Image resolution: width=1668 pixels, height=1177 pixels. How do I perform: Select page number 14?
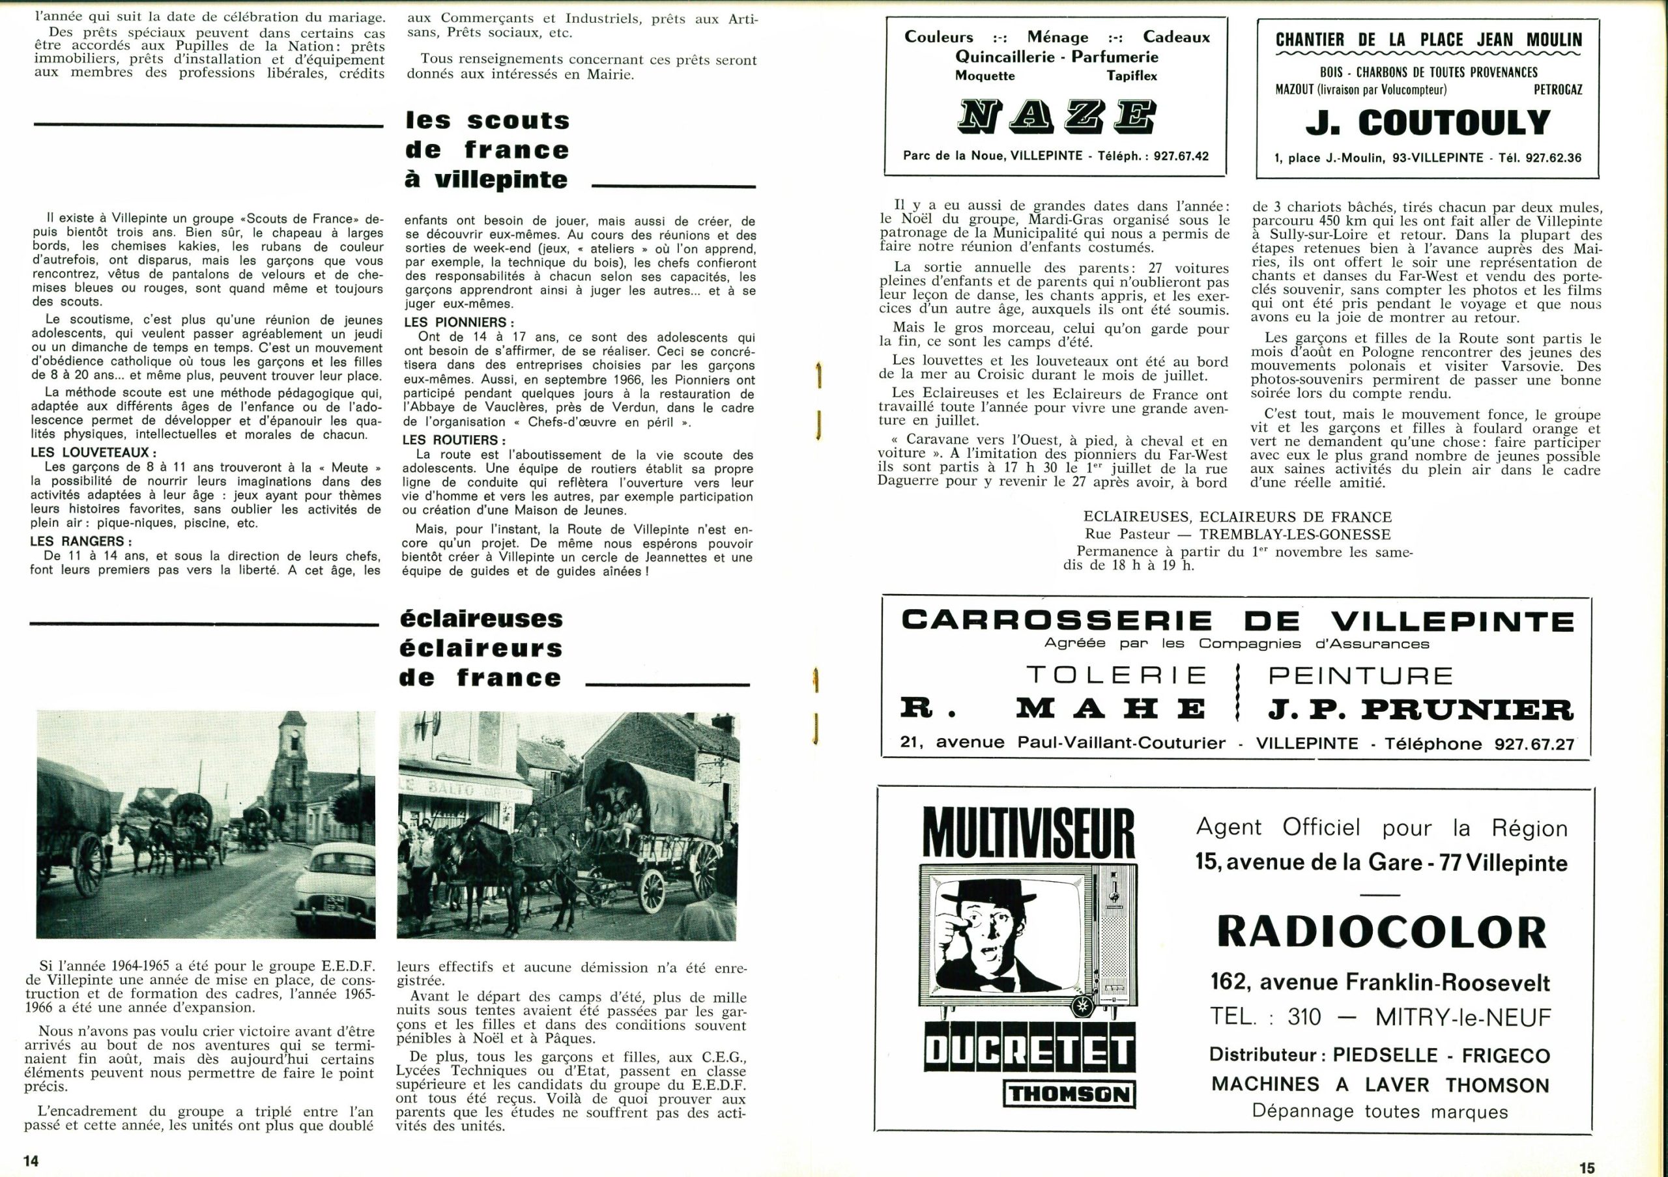[x=31, y=1159]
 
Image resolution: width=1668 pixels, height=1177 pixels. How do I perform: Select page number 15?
[x=1587, y=1167]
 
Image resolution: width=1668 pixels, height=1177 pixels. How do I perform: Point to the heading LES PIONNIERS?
[x=459, y=322]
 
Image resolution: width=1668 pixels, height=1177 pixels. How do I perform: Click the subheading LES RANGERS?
[x=81, y=541]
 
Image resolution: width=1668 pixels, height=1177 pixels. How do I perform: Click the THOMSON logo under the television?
[x=1069, y=1095]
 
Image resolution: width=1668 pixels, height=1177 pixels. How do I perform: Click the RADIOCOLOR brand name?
[x=1381, y=931]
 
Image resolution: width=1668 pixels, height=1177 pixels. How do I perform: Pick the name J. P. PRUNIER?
[x=1420, y=709]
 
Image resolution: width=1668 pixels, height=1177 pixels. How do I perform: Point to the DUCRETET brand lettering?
[x=1028, y=1051]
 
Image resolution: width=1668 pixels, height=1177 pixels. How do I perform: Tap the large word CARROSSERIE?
[x=1056, y=621]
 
